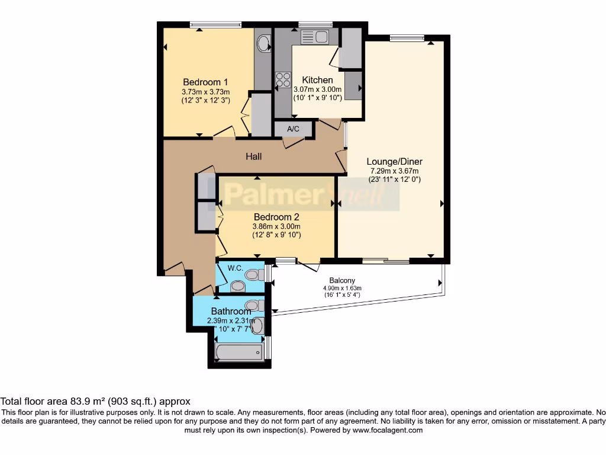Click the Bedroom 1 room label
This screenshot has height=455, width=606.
(205, 82)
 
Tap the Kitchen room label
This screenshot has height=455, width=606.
(317, 80)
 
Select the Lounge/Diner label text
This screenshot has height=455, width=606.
(394, 161)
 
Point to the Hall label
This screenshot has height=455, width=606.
(254, 156)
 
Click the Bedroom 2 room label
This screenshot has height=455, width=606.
(276, 217)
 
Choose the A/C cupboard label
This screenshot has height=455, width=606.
(293, 129)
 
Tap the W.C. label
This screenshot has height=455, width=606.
(236, 268)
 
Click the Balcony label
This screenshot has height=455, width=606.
(342, 280)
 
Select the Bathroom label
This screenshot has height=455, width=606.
(231, 311)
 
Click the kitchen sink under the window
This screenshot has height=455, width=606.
(315, 37)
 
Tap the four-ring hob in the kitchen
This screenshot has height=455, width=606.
(283, 79)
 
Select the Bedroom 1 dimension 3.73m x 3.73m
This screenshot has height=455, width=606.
(205, 92)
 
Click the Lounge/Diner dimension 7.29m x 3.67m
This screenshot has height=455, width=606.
(394, 171)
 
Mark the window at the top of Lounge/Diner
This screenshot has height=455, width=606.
(407, 39)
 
